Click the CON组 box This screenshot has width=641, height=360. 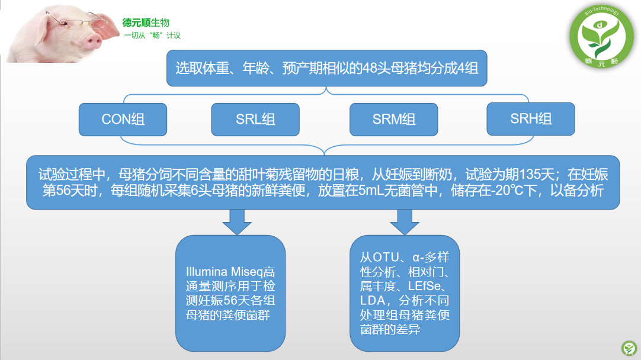[x=123, y=120]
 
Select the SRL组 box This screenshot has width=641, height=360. [x=255, y=120]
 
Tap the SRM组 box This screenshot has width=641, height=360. [x=394, y=120]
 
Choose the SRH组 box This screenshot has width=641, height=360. [x=531, y=119]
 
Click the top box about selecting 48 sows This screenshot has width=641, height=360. [x=326, y=68]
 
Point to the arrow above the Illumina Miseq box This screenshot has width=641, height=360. [x=237, y=222]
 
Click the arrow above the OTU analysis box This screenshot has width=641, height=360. [x=405, y=222]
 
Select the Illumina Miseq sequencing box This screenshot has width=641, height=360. [x=230, y=293]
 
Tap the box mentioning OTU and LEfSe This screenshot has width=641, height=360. [x=405, y=293]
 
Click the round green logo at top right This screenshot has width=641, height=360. [x=601, y=36]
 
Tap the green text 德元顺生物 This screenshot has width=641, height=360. [x=146, y=23]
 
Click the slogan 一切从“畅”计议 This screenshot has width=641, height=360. [x=152, y=36]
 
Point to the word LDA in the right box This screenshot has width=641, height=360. [x=372, y=301]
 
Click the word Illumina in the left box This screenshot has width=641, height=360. [x=206, y=272]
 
